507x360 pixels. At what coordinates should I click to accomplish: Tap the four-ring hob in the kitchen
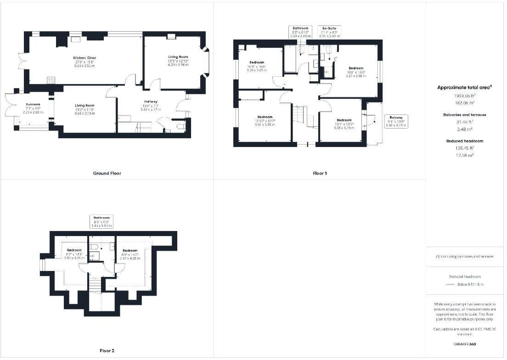pyautogui.click(x=51, y=80)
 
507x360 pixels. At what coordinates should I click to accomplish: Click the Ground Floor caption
pyautogui.click(x=107, y=173)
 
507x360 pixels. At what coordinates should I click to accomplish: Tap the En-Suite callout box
pyautogui.click(x=330, y=32)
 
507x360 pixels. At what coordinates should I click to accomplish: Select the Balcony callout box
pyautogui.click(x=395, y=121)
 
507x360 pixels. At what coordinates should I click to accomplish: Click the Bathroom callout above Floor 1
pyautogui.click(x=300, y=32)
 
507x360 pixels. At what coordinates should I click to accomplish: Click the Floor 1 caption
pyautogui.click(x=320, y=174)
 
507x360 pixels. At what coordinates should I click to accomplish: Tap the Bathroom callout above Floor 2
pyautogui.click(x=101, y=221)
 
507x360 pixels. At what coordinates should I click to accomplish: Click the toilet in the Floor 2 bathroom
pyautogui.click(x=94, y=247)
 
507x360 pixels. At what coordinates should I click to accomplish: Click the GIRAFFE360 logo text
pyautogui.click(x=464, y=344)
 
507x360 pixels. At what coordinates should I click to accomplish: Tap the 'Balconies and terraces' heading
pyautogui.click(x=464, y=114)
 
